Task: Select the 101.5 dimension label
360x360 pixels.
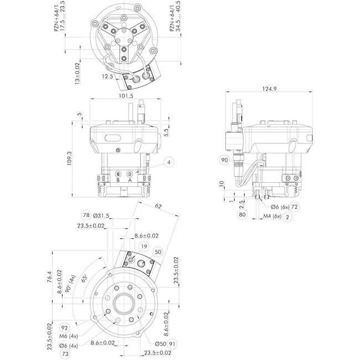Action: pyautogui.click(x=127, y=95)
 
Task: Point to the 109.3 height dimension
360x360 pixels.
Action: pyautogui.click(x=69, y=158)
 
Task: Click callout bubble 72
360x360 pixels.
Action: pyautogui.click(x=295, y=207)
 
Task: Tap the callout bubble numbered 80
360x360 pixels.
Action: pyautogui.click(x=242, y=214)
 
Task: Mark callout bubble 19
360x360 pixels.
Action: pyautogui.click(x=144, y=246)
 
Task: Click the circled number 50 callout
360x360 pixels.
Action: pyautogui.click(x=159, y=252)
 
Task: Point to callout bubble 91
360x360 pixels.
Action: pyautogui.click(x=172, y=343)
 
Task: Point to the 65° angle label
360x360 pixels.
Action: pyautogui.click(x=84, y=277)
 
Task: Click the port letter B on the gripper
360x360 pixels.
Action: pyautogui.click(x=119, y=179)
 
